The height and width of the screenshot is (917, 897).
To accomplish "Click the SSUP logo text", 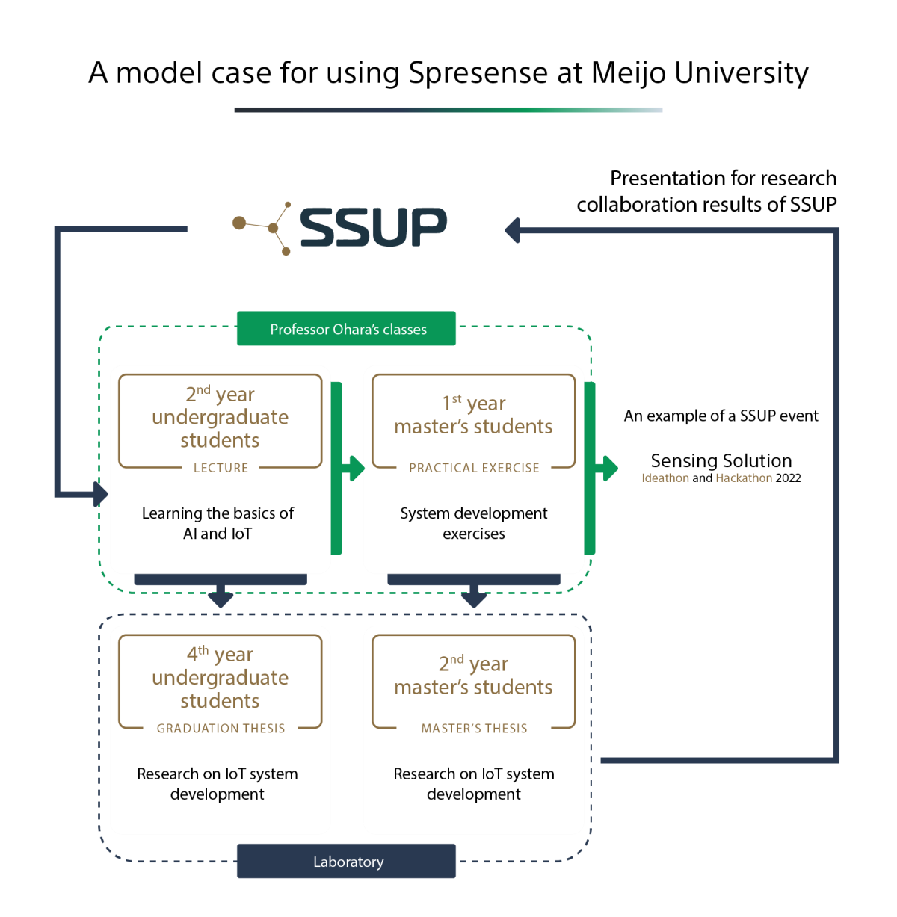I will click(x=373, y=227).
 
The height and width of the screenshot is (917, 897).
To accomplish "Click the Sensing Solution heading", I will click(x=721, y=460).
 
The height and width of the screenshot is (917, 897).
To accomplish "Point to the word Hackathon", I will click(x=744, y=478).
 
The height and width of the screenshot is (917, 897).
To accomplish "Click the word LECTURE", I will click(x=221, y=468).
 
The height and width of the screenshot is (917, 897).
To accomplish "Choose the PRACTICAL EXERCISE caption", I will click(x=474, y=468).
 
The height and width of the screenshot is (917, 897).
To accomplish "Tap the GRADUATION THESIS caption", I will click(x=221, y=729).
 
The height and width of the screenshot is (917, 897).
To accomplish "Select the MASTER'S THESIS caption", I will click(x=474, y=729).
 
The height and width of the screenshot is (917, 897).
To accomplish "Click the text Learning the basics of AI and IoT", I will click(x=218, y=523).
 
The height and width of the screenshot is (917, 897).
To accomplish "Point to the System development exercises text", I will click(x=473, y=523).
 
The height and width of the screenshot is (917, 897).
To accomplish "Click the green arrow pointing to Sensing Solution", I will click(x=608, y=469).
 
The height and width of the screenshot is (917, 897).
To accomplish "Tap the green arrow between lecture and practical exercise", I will click(x=353, y=469).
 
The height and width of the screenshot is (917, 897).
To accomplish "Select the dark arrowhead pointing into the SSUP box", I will click(x=513, y=230).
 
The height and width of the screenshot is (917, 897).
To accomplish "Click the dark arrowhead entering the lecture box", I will click(x=101, y=493).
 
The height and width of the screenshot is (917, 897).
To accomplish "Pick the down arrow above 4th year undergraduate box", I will click(x=221, y=597).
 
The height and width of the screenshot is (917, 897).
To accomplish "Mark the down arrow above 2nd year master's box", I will click(x=474, y=597).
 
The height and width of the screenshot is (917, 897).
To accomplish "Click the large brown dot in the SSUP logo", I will click(x=239, y=223).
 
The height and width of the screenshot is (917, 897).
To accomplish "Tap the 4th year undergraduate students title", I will click(x=220, y=677).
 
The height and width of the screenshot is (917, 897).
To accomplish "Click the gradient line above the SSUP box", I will click(x=449, y=110).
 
